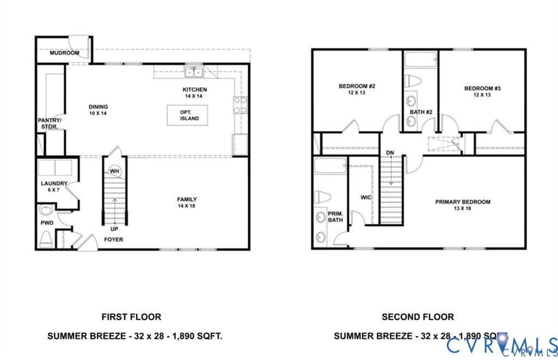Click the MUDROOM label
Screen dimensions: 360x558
[64, 53]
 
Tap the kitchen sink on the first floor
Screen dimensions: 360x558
[193, 72]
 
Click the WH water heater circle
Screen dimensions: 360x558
[114, 171]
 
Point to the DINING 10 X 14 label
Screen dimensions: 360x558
[99, 110]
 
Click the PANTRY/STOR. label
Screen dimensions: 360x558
[50, 123]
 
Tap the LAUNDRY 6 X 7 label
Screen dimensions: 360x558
[54, 187]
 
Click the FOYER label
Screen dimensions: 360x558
[114, 239]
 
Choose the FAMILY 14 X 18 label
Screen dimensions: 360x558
[187, 203]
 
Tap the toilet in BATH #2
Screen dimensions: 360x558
[414, 82]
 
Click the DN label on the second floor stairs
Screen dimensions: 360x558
[390, 152]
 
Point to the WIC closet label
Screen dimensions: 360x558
[365, 197]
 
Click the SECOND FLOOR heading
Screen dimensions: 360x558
[417, 316]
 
